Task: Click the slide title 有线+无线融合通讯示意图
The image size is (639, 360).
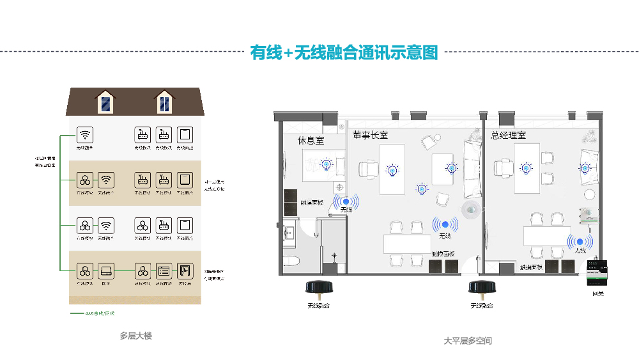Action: pyautogui.click(x=344, y=52)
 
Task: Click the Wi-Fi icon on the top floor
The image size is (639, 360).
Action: pyautogui.click(x=85, y=135)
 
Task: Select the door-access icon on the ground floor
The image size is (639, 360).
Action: pyautogui.click(x=185, y=270)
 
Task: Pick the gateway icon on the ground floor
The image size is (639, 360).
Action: pyautogui.click(x=106, y=270)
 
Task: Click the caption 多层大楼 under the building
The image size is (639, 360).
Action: pyautogui.click(x=135, y=335)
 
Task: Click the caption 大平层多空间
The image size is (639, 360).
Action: pyautogui.click(x=468, y=341)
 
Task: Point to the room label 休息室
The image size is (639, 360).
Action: pyautogui.click(x=311, y=139)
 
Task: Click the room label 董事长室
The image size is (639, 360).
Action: pyautogui.click(x=370, y=136)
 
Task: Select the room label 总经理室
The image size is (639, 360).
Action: pyautogui.click(x=508, y=136)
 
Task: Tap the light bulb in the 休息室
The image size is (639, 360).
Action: pyautogui.click(x=327, y=164)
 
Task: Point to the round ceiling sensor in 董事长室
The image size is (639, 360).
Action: pyautogui.click(x=472, y=209)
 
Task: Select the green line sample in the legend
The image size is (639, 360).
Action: pyautogui.click(x=77, y=314)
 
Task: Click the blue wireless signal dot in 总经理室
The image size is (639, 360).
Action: pyautogui.click(x=580, y=242)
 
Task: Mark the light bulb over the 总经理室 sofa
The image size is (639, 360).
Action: pyautogui.click(x=584, y=168)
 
